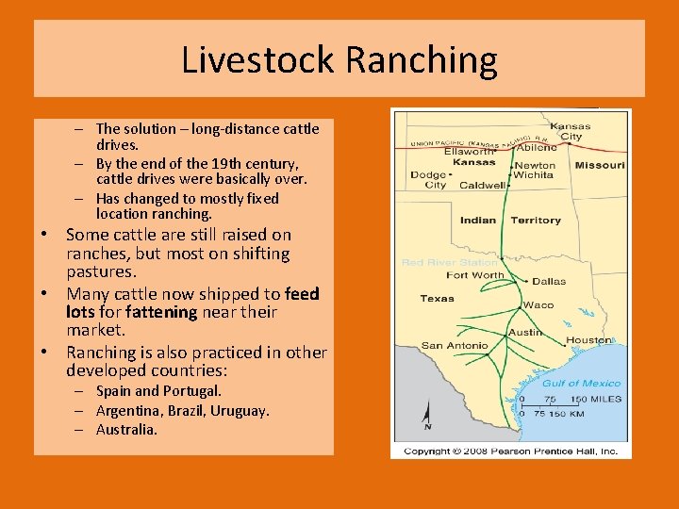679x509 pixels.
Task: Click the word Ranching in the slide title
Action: coord(421,60)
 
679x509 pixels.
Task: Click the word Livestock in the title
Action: coord(258,60)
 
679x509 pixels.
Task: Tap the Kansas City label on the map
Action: coord(571,131)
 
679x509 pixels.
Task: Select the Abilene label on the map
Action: coord(537,147)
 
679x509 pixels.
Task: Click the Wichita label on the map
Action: coord(534,175)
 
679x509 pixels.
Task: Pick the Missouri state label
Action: coord(600,165)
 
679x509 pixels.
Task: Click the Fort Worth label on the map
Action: coord(475,275)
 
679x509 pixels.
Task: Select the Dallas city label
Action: coord(549,281)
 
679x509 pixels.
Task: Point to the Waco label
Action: coord(538,304)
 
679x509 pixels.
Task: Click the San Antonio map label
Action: coord(455,345)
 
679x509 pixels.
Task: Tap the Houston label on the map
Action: coord(589,340)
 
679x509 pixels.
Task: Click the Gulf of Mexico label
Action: coord(582,383)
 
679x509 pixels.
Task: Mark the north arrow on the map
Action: coord(427,415)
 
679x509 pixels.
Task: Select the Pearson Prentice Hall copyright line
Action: coord(510,452)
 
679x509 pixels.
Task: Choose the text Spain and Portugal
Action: coord(159,390)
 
